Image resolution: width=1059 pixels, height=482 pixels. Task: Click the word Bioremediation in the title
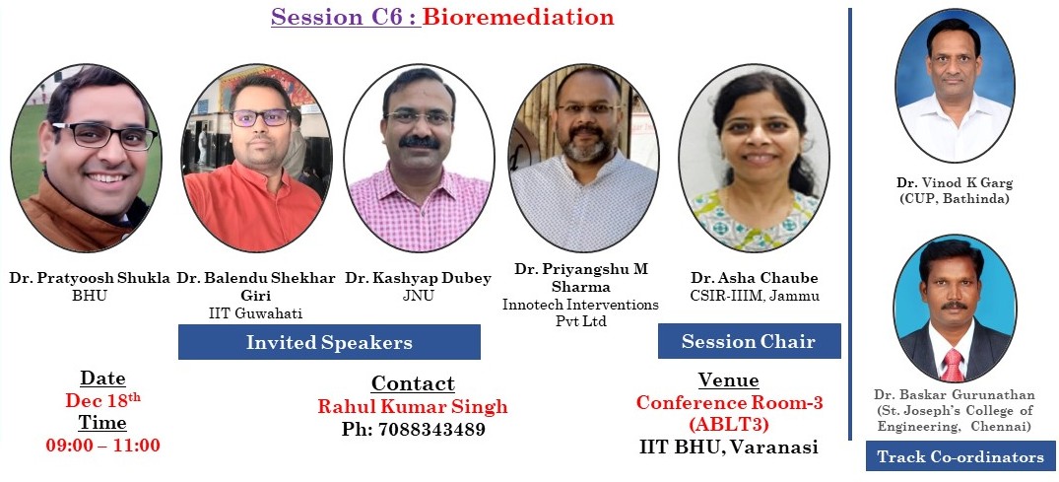pos(518,17)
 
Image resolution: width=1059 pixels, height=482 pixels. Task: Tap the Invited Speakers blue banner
pos(329,342)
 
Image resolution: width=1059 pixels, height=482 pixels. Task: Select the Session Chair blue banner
pos(749,341)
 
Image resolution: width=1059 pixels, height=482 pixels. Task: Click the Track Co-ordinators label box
pos(960,456)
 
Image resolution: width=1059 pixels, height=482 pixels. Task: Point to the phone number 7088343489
pos(431,430)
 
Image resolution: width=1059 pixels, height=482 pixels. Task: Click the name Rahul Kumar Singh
pos(413,406)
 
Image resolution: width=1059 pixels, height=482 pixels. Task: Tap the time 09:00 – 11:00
pos(103,446)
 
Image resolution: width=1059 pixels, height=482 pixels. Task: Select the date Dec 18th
pos(102,400)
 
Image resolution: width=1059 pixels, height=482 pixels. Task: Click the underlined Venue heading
pos(729,379)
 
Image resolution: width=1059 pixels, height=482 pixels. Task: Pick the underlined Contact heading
pos(413,383)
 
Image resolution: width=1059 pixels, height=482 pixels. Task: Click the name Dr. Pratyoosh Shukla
pos(90,279)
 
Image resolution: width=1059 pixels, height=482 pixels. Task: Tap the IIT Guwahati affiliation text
pos(255,313)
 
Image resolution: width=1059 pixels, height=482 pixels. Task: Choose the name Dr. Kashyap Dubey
pos(418,279)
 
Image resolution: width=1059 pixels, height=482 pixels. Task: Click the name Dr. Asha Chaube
pos(755,279)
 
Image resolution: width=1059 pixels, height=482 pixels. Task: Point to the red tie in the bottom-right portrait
pos(953,366)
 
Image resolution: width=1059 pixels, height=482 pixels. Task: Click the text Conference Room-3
pos(729,402)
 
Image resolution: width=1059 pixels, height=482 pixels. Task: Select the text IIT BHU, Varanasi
pos(729,447)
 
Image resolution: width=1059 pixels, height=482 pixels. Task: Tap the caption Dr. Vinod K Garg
pos(955,182)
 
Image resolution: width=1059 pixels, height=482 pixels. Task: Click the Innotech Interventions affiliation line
pos(580,305)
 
